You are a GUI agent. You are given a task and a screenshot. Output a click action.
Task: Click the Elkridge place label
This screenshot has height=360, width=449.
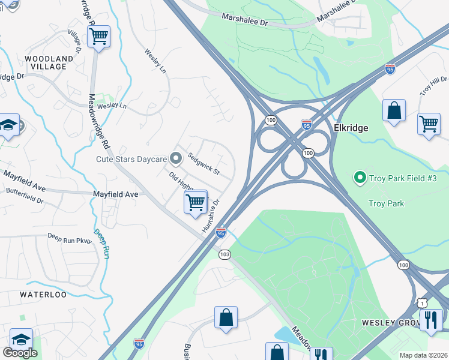(x=351, y=128)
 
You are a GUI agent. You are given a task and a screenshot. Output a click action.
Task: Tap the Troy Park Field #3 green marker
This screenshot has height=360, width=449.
(x=360, y=177)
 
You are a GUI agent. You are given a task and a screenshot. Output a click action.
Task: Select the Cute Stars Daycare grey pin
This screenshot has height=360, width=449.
(x=176, y=158)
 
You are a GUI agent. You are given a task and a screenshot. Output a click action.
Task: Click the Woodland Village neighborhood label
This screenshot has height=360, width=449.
(x=49, y=62)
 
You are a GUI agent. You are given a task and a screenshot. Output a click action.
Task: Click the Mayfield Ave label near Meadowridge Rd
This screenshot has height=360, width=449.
(x=115, y=194)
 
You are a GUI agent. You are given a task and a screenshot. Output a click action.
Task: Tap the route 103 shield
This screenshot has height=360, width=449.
(x=224, y=254)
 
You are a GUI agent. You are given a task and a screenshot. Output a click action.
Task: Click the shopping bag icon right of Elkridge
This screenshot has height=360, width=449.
(x=394, y=110)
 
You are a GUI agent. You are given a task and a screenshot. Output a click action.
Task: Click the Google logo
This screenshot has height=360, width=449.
(x=20, y=352)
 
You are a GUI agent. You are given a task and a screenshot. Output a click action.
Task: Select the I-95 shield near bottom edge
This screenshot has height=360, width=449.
(x=139, y=342)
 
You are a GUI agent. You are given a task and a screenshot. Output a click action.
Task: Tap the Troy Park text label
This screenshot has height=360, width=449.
(x=387, y=203)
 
